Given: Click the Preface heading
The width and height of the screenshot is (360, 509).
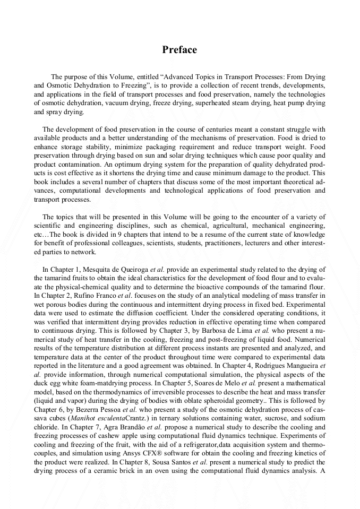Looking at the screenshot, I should [179, 50].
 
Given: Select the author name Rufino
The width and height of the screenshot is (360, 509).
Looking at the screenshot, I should [85, 296].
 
